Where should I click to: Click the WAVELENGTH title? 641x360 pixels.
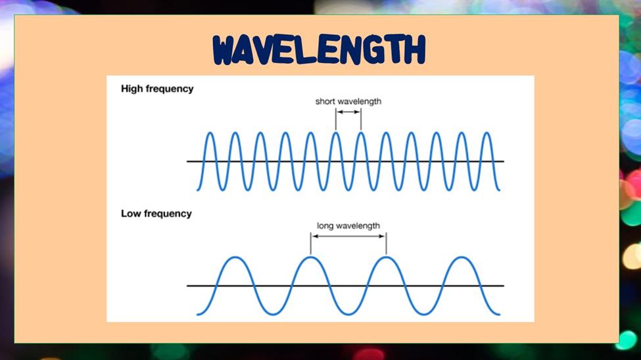(320, 50)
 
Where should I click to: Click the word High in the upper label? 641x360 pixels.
(131, 89)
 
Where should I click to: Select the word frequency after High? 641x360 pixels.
(169, 89)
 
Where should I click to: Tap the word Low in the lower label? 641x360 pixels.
(130, 214)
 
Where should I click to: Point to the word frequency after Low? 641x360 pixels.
(167, 214)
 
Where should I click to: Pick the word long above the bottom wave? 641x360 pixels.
(325, 226)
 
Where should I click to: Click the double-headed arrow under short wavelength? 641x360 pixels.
(348, 112)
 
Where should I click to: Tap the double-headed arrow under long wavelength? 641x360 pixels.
(348, 236)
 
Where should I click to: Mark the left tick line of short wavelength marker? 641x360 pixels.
(336, 120)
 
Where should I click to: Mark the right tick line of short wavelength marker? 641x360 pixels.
(361, 120)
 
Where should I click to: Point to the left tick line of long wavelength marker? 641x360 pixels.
(311, 244)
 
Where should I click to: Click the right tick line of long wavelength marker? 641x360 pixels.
(387, 244)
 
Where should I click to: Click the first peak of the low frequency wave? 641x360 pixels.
(235, 258)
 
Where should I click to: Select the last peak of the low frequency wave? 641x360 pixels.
(462, 258)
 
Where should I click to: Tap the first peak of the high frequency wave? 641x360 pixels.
(210, 133)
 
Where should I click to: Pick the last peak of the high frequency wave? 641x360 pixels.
(487, 133)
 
